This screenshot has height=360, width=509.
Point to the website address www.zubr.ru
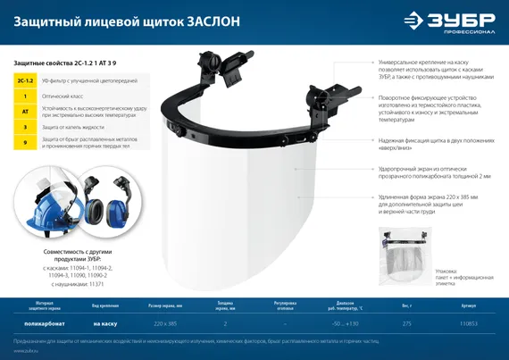coord(24,352)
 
